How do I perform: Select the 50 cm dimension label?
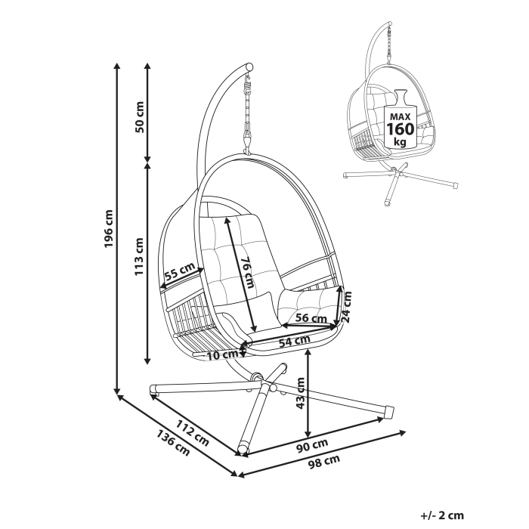(139, 115)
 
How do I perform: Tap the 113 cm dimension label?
(139, 256)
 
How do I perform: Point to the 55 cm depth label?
(180, 273)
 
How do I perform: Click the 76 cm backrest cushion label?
(246, 271)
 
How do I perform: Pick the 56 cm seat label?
(311, 318)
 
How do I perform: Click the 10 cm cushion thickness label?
(223, 354)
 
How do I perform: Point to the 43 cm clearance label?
(300, 393)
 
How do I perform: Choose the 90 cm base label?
(311, 444)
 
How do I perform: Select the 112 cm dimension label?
(192, 430)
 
